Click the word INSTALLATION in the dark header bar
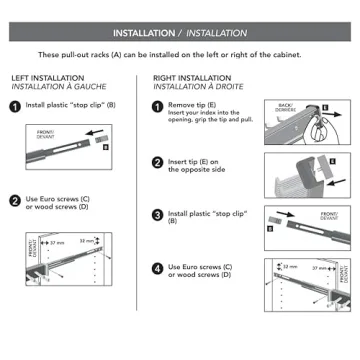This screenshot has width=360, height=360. [147, 31]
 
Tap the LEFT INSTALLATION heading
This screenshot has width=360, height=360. [46, 77]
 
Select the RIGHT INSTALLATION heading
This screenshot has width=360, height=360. [191, 77]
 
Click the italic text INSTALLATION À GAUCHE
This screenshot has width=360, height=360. [52, 87]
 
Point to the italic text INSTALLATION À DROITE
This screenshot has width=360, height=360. [195, 87]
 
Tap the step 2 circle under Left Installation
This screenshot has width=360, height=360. [16, 201]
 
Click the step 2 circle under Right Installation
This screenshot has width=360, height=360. [158, 161]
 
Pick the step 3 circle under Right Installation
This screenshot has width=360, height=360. [158, 214]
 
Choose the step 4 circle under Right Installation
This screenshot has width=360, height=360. [158, 268]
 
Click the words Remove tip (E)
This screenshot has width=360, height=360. [190, 103]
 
